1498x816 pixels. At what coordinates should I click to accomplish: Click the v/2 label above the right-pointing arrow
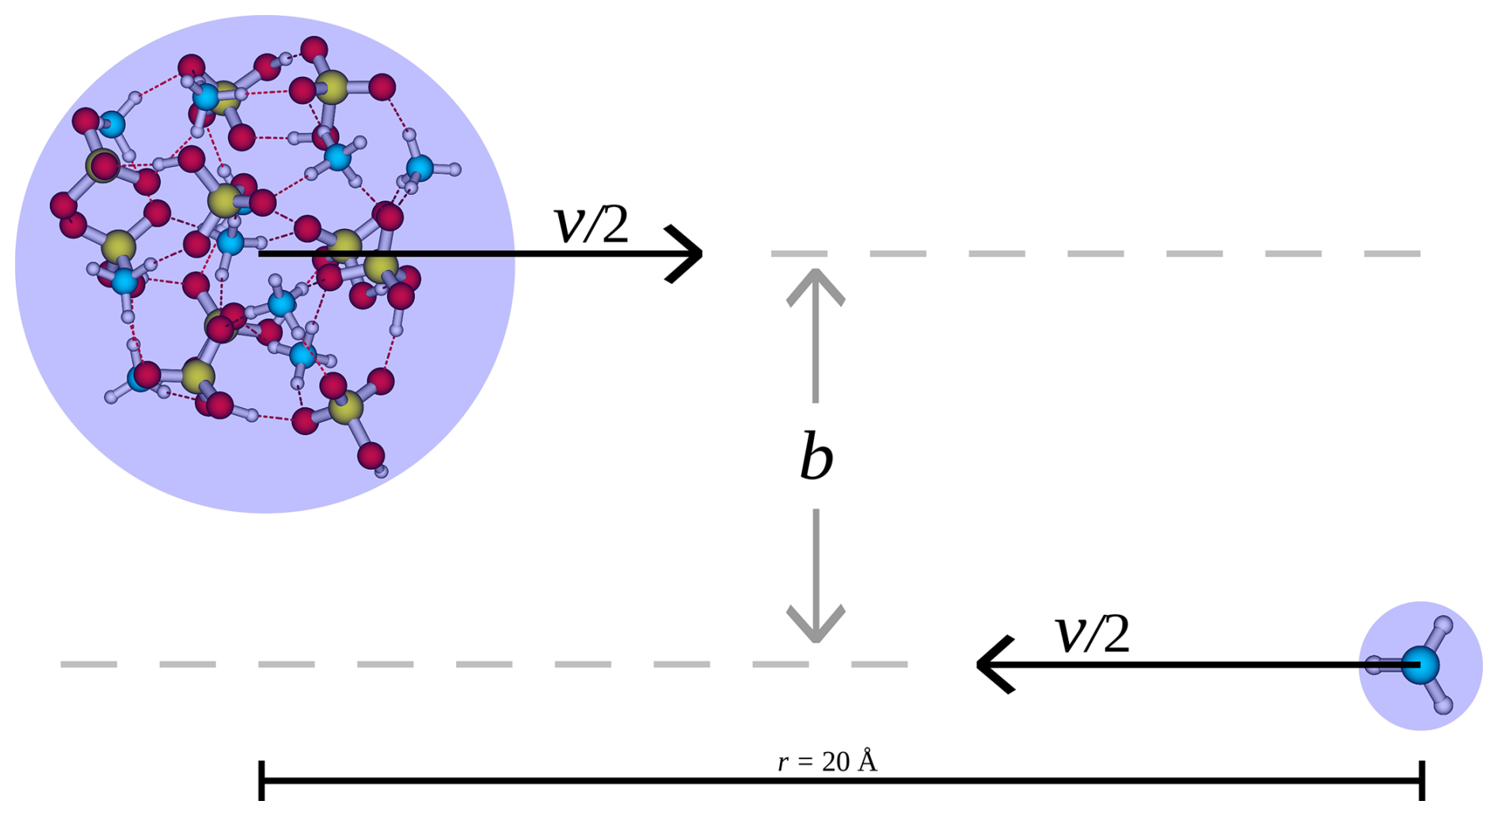591,225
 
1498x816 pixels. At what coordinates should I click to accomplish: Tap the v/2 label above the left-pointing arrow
1093,635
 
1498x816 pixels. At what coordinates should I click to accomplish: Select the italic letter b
816,456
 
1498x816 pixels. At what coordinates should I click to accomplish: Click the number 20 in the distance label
835,762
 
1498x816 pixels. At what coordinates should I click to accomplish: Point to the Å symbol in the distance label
868,761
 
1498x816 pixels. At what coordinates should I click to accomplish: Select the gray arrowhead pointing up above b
816,285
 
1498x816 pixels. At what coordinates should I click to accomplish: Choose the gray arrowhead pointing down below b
816,627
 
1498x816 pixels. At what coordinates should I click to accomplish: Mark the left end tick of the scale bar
261,780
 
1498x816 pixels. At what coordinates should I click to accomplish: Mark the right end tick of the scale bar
1423,780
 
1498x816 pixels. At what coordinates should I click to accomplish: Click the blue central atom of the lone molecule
1420,665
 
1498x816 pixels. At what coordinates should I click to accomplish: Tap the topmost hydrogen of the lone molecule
1443,625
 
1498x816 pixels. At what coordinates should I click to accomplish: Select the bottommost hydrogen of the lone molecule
1443,704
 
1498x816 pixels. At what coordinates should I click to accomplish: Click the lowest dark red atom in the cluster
371,456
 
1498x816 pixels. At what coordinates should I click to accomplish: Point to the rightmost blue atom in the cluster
420,168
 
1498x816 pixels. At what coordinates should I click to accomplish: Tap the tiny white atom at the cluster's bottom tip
382,471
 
